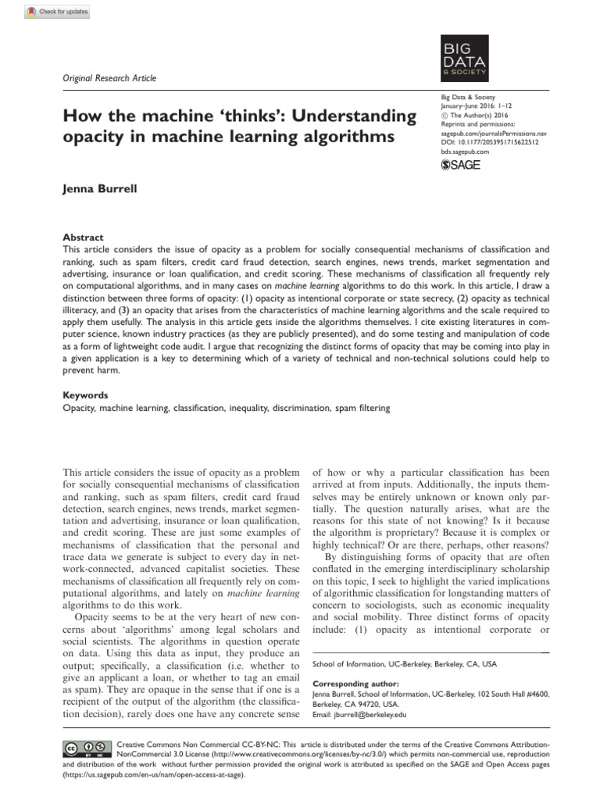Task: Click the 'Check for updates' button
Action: tap(59, 11)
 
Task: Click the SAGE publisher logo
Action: tap(461, 164)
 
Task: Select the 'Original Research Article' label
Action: tap(109, 78)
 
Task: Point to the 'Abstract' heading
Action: tap(82, 237)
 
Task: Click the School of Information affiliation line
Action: tap(403, 664)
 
